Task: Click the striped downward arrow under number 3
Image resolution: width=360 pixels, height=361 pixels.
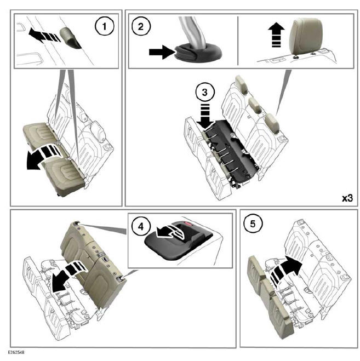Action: pyautogui.click(x=204, y=115)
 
